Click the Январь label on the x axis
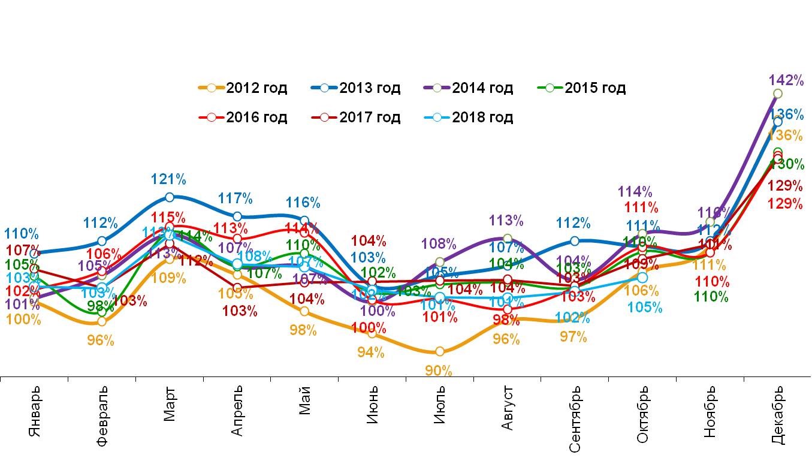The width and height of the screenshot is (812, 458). (x=35, y=415)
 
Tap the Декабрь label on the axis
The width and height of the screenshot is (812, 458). (x=777, y=415)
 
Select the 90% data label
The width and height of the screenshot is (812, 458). (x=439, y=371)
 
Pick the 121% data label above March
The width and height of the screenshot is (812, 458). (x=169, y=179)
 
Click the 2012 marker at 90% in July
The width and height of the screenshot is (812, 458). (x=440, y=351)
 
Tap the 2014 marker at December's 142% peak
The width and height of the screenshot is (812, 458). (x=777, y=94)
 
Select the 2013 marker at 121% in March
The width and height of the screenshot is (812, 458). (x=170, y=197)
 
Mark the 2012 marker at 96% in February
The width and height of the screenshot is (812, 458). (x=102, y=321)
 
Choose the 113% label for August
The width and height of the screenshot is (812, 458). (x=507, y=221)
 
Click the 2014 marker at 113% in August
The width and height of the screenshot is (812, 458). (x=508, y=239)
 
